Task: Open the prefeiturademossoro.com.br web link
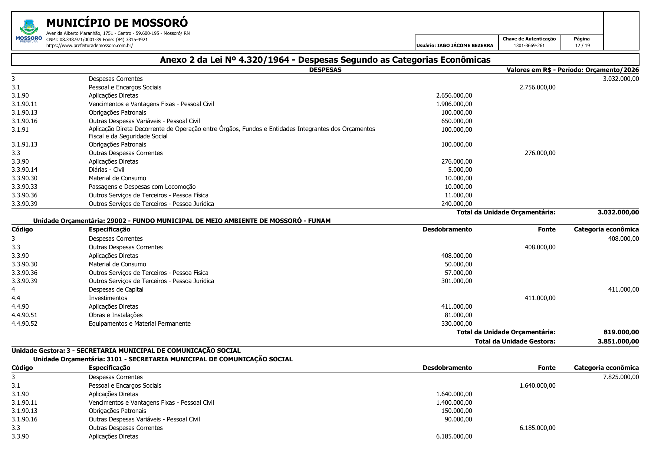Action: [x=89, y=46]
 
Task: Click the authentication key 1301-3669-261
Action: [x=529, y=46]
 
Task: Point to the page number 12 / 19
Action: [x=582, y=46]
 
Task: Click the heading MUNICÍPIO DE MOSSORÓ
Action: [x=117, y=23]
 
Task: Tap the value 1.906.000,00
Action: [x=454, y=104]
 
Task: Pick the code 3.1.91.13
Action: [x=24, y=145]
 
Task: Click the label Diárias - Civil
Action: [x=106, y=170]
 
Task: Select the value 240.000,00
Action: [x=457, y=204]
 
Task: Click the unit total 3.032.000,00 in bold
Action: [x=618, y=213]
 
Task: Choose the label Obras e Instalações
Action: [x=116, y=315]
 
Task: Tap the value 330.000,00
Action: [x=457, y=324]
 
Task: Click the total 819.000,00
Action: [x=621, y=332]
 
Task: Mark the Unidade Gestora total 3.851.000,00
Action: [x=618, y=341]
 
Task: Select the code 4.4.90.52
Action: [x=24, y=324]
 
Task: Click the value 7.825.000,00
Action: [x=621, y=377]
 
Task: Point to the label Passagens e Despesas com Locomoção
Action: [x=142, y=187]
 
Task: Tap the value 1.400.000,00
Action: [x=454, y=403]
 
